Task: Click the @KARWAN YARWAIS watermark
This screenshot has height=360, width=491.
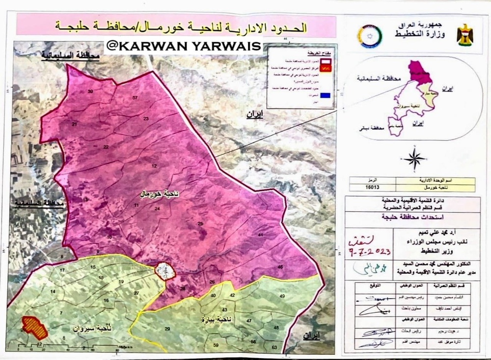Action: [x=184, y=46]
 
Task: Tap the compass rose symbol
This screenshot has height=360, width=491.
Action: [x=415, y=160]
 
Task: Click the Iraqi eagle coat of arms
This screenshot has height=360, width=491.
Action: [x=464, y=34]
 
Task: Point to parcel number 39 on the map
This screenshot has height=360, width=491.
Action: [x=90, y=92]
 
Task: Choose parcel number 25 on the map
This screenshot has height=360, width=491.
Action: [x=200, y=224]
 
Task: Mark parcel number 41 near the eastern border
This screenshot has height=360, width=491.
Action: [x=261, y=236]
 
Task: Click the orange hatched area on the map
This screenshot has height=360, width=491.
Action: [x=34, y=328]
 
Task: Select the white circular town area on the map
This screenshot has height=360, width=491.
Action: [x=164, y=271]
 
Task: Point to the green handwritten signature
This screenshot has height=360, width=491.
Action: [x=363, y=267]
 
